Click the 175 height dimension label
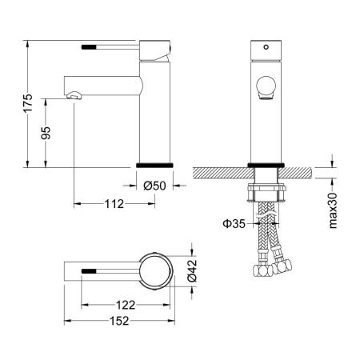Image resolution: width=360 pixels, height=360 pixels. [x=28, y=103]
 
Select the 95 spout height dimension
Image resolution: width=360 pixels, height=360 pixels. [x=46, y=133]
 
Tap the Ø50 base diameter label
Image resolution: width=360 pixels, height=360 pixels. [x=154, y=186]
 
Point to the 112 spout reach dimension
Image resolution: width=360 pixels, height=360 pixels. [x=114, y=204]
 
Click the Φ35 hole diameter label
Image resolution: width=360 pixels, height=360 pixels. [x=234, y=223]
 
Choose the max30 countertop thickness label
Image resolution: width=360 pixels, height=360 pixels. [x=333, y=210]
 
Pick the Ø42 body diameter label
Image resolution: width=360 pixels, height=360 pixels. [x=192, y=270]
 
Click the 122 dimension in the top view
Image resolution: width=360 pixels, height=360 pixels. [x=126, y=305]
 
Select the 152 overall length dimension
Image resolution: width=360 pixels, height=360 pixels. [x=119, y=321]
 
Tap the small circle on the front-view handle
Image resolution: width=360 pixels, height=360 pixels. [x=266, y=47]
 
